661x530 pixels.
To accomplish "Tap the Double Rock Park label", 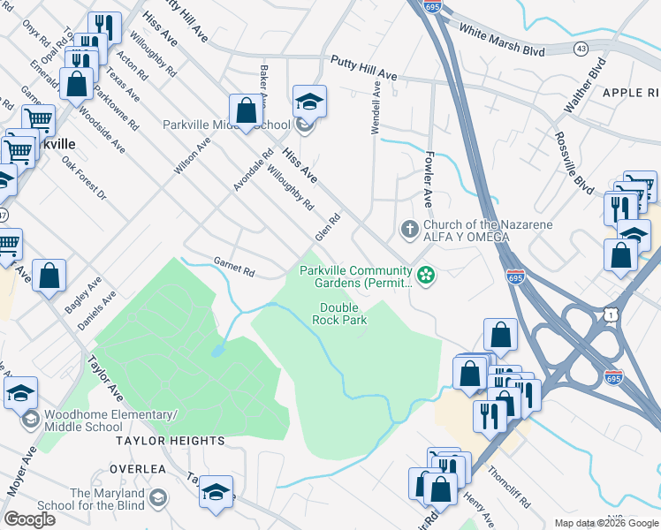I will tap(343, 314).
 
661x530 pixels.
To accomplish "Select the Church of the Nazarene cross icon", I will tap(409, 230).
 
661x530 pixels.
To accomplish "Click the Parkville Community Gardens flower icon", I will tap(427, 276).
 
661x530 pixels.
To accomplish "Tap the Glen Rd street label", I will tap(328, 227).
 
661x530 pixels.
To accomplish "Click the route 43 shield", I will tap(581, 49).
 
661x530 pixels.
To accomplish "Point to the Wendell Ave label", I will tap(376, 108).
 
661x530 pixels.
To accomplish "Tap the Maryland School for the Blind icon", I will tap(158, 499).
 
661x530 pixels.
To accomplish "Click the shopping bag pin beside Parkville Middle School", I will tap(247, 111).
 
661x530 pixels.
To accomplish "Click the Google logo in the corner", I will tap(29, 519).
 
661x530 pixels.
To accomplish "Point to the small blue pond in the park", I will tap(217, 350).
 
